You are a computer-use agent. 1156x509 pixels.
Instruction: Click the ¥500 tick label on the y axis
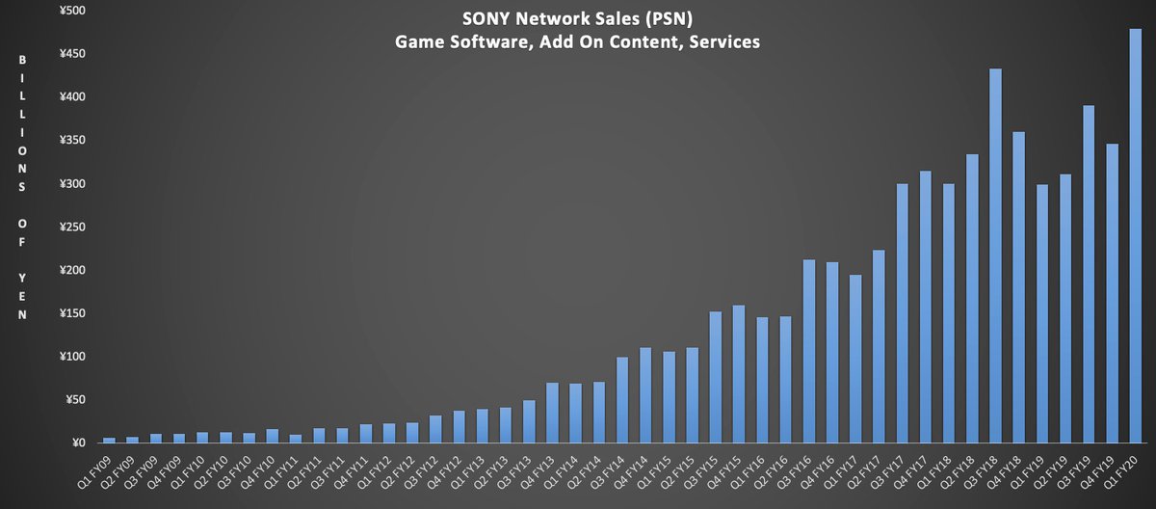(71, 11)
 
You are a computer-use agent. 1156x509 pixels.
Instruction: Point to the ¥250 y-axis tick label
(71, 227)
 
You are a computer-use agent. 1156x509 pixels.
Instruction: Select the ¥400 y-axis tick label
(71, 97)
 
